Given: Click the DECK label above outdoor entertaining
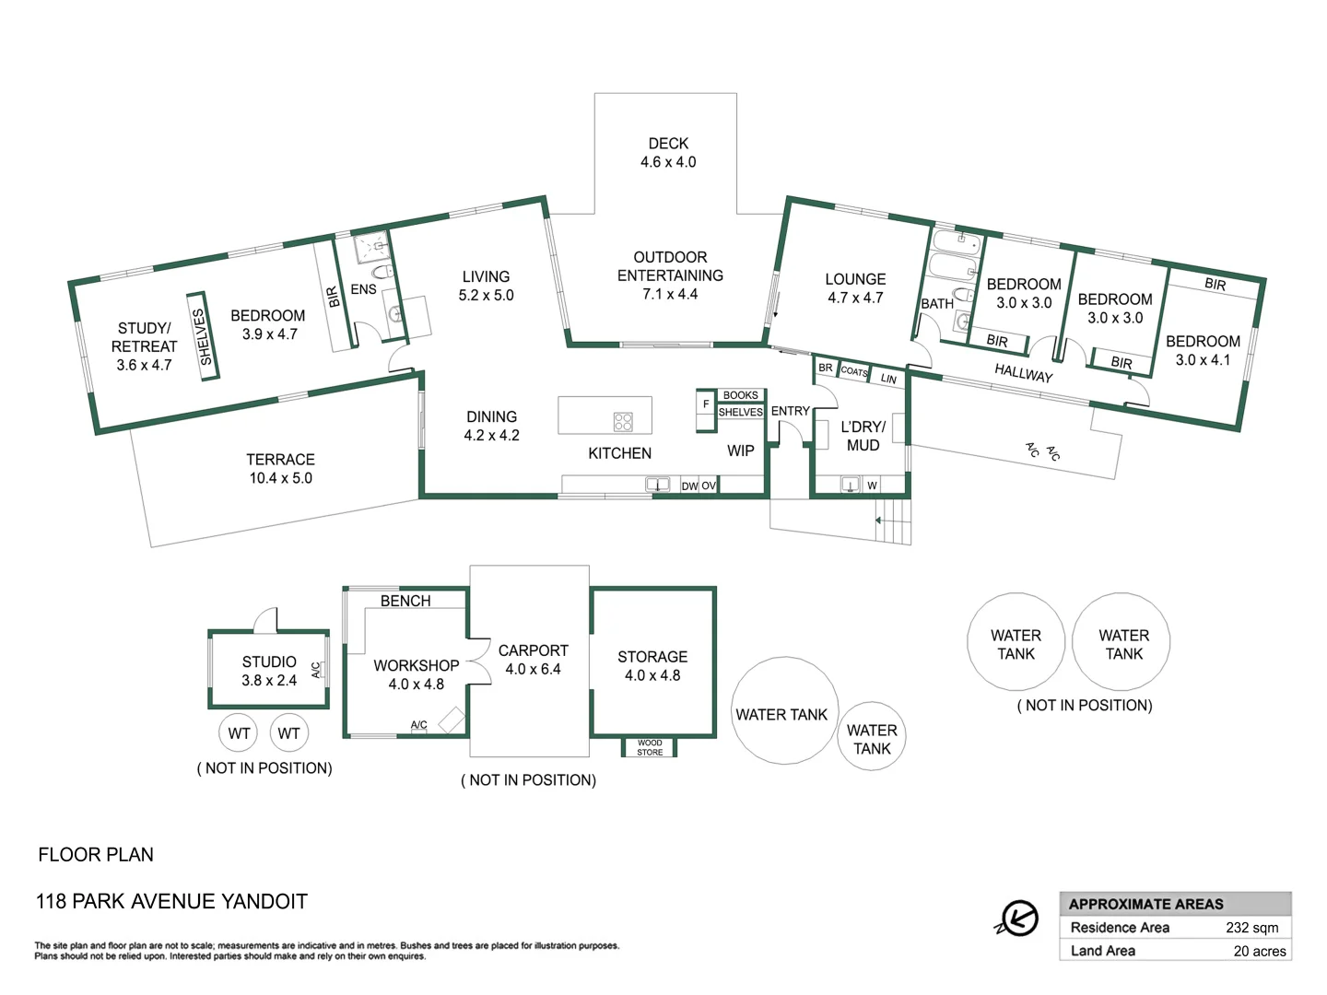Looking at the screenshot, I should [668, 144].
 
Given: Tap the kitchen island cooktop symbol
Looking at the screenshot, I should [623, 422].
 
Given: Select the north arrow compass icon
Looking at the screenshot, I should [1018, 918].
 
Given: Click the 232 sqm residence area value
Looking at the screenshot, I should [1251, 928].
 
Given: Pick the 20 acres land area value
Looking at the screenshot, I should [1259, 951].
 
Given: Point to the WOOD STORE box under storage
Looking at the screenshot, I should [650, 747].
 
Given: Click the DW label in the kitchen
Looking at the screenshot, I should [689, 486].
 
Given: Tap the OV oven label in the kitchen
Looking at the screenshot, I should [708, 486].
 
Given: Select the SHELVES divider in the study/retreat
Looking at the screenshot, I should [203, 336].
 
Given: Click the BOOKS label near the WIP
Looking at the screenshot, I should [740, 395].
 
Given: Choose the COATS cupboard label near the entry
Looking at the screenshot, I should [854, 371].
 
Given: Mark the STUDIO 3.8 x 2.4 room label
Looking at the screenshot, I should [269, 671].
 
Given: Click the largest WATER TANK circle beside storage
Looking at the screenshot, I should [784, 711].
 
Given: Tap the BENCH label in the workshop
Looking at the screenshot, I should [405, 601].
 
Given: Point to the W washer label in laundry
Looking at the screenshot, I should [872, 486].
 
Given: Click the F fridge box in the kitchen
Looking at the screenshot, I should [706, 404].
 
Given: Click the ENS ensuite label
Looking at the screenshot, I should [363, 289].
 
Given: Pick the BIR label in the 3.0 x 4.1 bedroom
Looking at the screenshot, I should [1215, 284].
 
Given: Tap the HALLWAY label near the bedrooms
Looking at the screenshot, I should [1023, 373].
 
